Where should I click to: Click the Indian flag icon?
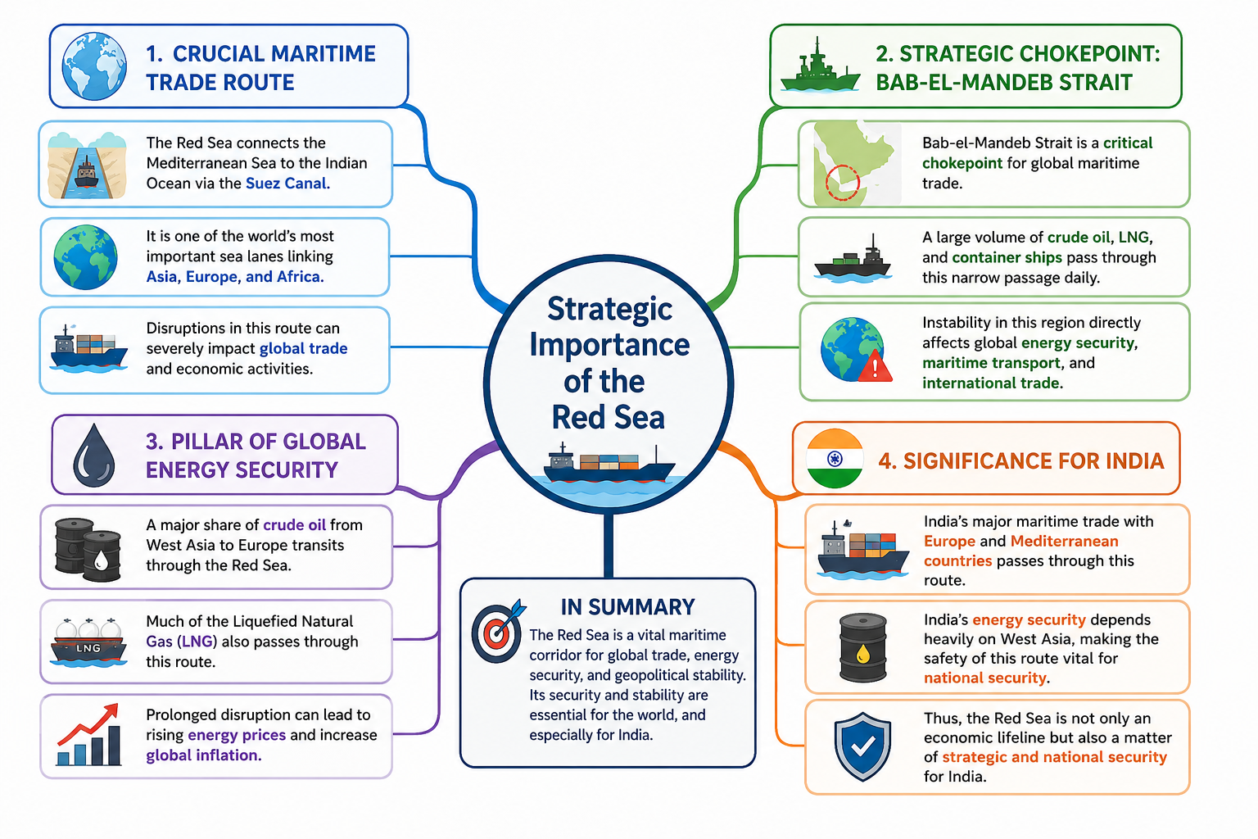point(835,459)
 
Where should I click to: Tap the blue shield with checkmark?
point(862,746)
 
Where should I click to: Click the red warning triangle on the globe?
point(875,368)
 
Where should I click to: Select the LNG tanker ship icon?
point(88,642)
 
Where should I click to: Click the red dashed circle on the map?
point(843,183)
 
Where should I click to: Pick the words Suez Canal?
point(287,184)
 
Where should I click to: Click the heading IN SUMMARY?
point(627,607)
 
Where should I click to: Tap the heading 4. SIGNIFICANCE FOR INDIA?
point(1021,460)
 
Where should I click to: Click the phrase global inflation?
point(204,755)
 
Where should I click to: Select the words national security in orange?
point(985,678)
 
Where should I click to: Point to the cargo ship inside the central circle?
point(609,465)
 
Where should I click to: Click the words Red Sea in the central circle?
point(609,417)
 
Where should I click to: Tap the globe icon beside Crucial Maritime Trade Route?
point(94,66)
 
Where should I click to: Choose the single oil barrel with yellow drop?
point(862,647)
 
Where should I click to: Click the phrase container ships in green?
point(1007,257)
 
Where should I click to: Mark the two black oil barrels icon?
point(88,549)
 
